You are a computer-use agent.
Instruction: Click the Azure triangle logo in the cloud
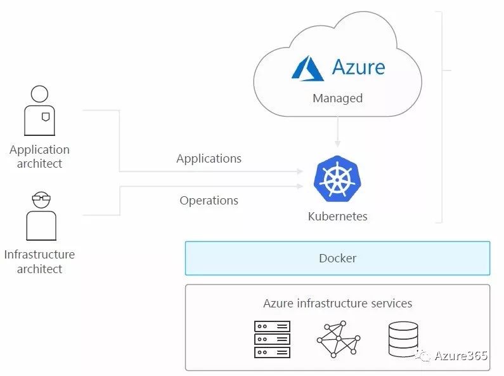(307, 68)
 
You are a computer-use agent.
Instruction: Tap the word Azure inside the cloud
(358, 67)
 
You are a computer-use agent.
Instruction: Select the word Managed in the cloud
(337, 98)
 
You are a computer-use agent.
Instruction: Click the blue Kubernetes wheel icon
(337, 179)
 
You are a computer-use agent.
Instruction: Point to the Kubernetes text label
(337, 216)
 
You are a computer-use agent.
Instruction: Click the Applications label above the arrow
(209, 158)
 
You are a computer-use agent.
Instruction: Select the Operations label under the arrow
(209, 200)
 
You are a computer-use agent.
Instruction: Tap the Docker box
(337, 258)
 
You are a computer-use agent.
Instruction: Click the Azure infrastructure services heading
(337, 303)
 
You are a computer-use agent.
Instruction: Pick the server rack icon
(272, 339)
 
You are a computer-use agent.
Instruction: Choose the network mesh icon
(338, 339)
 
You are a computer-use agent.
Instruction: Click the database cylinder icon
(403, 339)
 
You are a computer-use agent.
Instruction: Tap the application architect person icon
(39, 111)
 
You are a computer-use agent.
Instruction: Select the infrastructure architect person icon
(41, 216)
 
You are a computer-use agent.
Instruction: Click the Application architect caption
(39, 156)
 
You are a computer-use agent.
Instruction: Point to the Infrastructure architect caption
(39, 261)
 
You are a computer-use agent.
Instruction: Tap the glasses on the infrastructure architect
(41, 199)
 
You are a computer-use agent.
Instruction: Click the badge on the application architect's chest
(45, 117)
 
